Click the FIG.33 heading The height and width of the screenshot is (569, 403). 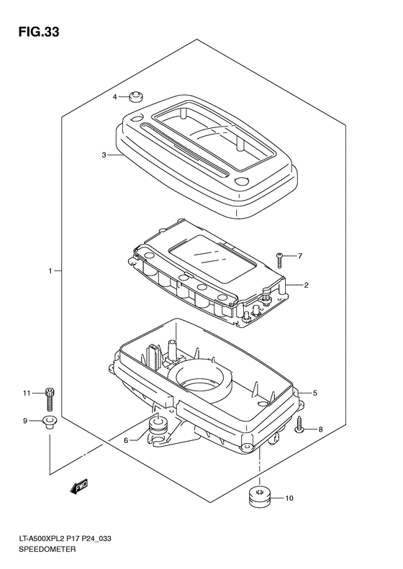(x=39, y=32)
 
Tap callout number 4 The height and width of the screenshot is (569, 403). (x=114, y=97)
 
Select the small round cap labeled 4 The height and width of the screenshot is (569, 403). (x=136, y=97)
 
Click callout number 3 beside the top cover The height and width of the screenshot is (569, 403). (x=104, y=155)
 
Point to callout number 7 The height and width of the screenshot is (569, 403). (x=300, y=256)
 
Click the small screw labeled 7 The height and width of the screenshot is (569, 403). (x=279, y=260)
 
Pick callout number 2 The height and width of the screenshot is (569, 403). (x=306, y=286)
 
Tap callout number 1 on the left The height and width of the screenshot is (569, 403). (x=51, y=270)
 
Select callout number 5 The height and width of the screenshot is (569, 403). (x=314, y=393)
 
